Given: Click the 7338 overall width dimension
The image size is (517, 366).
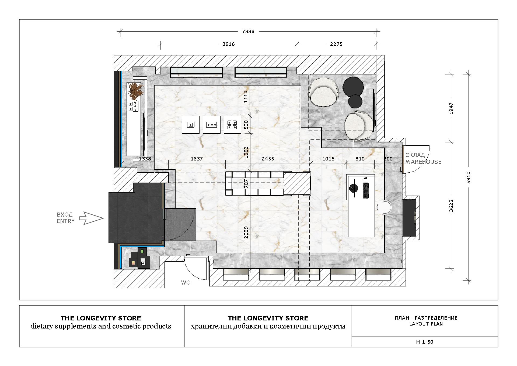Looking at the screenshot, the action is pos(248,32).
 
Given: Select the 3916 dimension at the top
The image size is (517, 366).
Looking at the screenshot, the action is pos(228,44).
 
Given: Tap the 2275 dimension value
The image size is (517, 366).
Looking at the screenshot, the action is pos(336,44).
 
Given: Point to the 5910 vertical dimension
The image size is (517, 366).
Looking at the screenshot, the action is pos(469,177).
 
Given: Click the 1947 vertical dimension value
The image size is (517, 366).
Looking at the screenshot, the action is pos(451,108).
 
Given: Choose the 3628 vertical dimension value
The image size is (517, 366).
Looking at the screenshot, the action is pos(451,206).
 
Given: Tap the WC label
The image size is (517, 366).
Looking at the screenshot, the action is pos(186,283).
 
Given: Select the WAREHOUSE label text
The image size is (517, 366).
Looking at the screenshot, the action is pos(424,162).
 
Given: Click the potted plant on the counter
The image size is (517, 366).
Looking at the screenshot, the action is pos(136,90).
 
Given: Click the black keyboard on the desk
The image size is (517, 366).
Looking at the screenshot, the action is pos(365,190).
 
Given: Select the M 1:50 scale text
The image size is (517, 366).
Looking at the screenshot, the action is pos(425,342).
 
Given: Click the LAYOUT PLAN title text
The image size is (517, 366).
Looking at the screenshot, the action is pos(426,324).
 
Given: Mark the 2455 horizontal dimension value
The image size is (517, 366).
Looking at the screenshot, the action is pos(268,159).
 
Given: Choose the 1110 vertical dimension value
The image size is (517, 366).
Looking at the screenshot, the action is pos(245,97).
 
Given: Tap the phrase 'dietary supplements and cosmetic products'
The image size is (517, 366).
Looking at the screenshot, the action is pos(101,326).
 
